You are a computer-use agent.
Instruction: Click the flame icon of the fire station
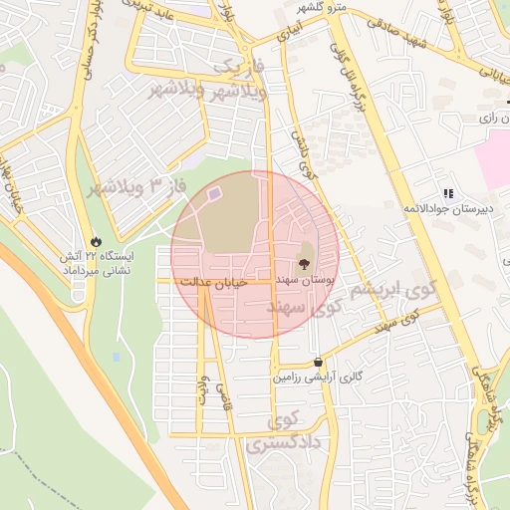(x=96, y=241)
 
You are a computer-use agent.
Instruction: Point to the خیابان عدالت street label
(x=211, y=283)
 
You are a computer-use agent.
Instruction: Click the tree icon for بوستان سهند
(x=304, y=266)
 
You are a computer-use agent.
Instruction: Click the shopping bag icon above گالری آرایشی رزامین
(x=317, y=363)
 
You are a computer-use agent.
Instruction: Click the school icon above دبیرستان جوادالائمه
(x=448, y=192)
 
